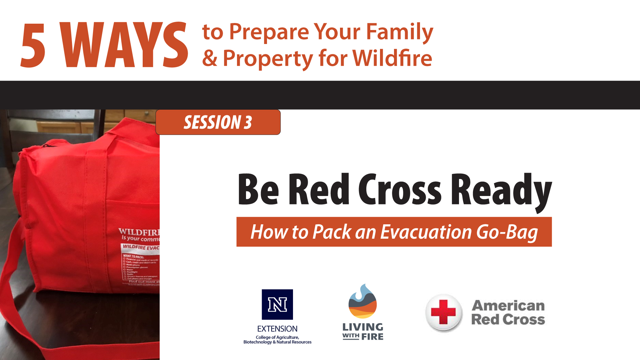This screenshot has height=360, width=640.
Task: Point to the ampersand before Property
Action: [x=210, y=58]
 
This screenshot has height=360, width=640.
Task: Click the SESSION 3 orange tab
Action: [x=218, y=122]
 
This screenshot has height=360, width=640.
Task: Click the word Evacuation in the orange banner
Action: [x=426, y=232]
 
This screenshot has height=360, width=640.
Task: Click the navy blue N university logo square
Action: [x=277, y=304]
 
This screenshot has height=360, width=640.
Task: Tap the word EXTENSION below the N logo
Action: [x=277, y=329]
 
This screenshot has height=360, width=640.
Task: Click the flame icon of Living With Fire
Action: [x=363, y=301]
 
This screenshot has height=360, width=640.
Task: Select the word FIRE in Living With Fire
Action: [x=372, y=337]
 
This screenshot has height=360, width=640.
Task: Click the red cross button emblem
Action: [x=443, y=312]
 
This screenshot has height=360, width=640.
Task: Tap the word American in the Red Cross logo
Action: [x=508, y=305]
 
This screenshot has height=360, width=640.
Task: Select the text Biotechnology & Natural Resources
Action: [x=277, y=342]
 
